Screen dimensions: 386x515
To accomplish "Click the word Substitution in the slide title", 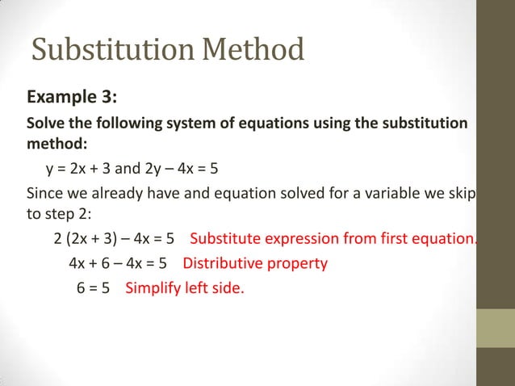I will tap(113, 51).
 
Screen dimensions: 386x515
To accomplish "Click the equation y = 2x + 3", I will tap(80, 170).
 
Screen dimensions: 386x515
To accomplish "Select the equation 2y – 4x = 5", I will tap(178, 170).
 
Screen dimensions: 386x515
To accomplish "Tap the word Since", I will tap(44, 194).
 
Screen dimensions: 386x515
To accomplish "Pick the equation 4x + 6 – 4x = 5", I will tap(118, 264).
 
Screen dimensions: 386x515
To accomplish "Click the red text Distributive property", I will tap(255, 264).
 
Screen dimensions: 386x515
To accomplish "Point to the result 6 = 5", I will tap(94, 287).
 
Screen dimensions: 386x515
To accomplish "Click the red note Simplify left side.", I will tap(184, 287).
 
